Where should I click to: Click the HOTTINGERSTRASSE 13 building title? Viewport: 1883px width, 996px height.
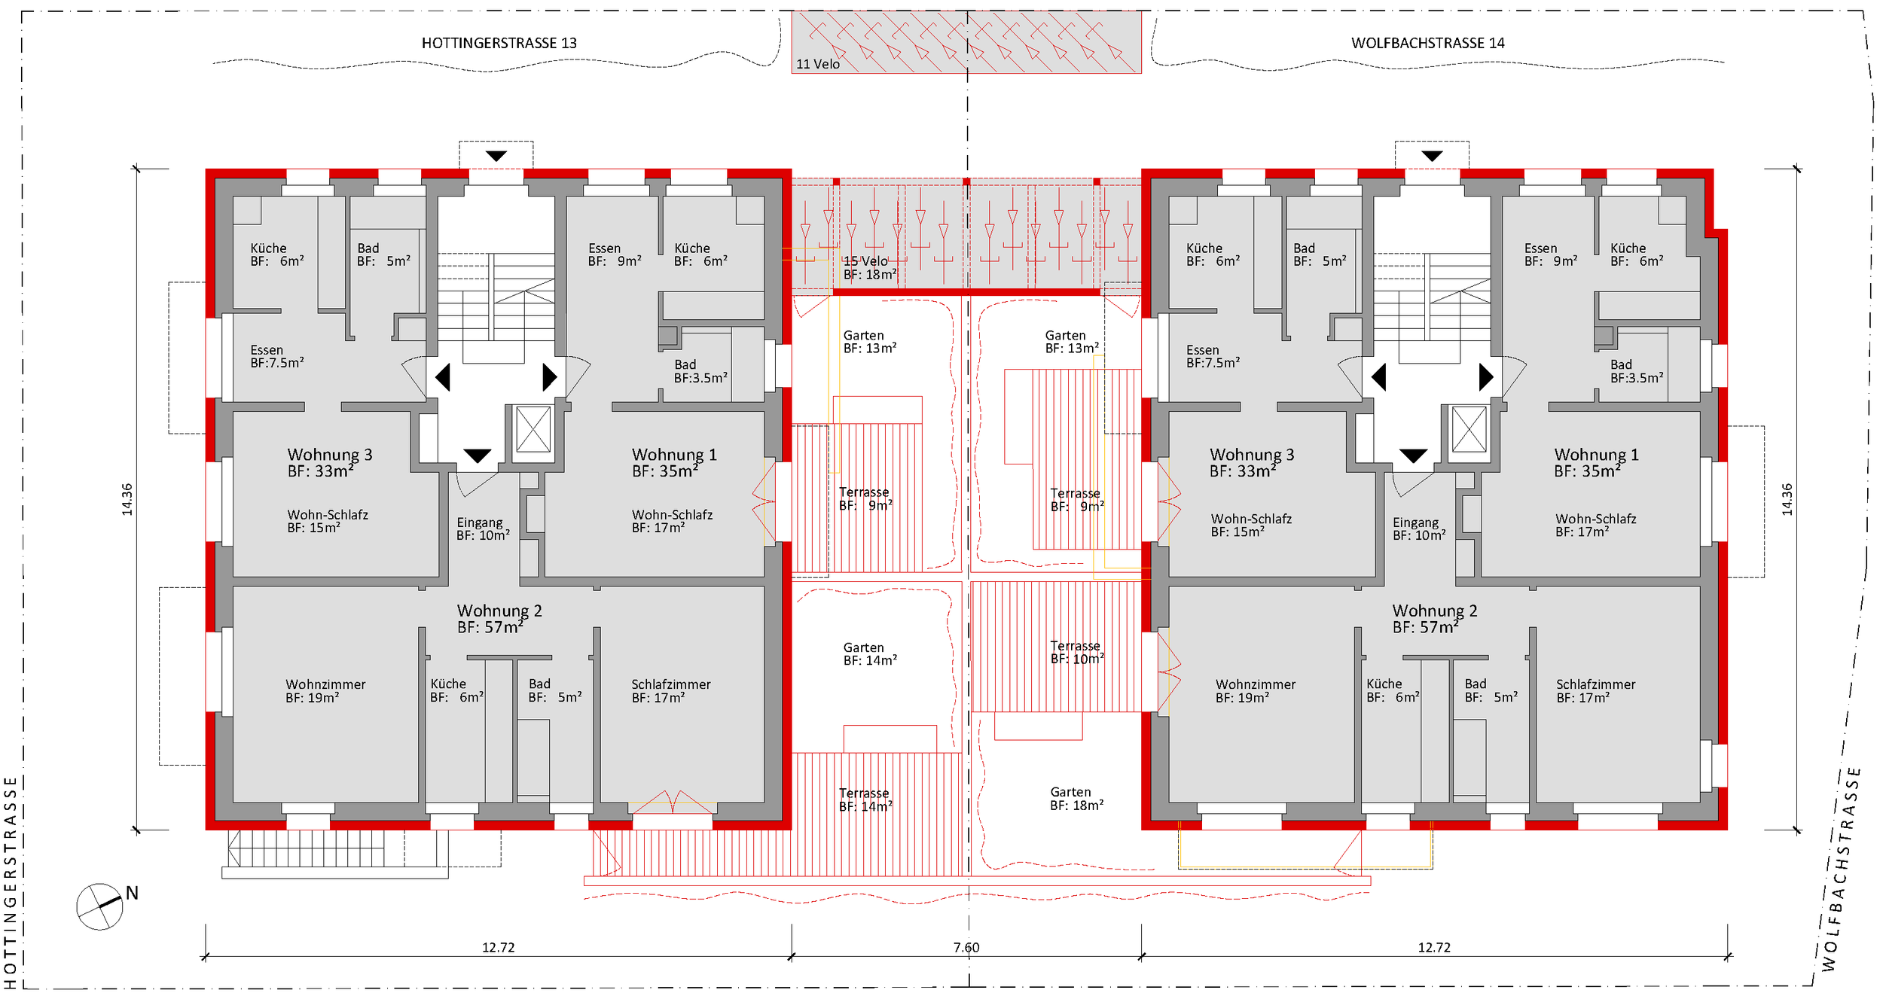[499, 43]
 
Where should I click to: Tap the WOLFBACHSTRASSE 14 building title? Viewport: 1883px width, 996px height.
[1427, 43]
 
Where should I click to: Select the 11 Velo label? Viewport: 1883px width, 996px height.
[817, 64]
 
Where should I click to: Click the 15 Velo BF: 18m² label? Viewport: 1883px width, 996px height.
[869, 268]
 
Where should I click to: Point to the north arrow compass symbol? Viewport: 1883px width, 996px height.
[100, 906]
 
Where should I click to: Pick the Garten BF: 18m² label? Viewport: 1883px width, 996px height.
[1076, 799]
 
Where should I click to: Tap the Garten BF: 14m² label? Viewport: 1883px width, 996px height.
[869, 654]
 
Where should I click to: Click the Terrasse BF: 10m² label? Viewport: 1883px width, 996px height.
[1076, 653]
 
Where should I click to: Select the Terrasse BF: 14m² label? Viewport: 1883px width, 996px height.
[865, 800]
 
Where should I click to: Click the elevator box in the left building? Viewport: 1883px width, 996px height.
[533, 429]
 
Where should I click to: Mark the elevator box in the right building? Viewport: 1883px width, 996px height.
[1469, 429]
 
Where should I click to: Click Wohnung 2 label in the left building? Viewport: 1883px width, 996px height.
[499, 619]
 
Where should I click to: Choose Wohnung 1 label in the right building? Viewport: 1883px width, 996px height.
[1595, 463]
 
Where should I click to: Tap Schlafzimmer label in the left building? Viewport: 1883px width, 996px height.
[670, 691]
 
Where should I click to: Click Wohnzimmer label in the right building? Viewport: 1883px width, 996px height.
[1255, 691]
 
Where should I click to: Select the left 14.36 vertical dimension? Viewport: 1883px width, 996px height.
[127, 499]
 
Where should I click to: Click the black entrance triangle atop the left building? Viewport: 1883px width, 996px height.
[496, 156]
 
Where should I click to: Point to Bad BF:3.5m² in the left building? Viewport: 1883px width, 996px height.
[700, 371]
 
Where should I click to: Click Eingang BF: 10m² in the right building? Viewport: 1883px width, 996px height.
[1419, 528]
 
